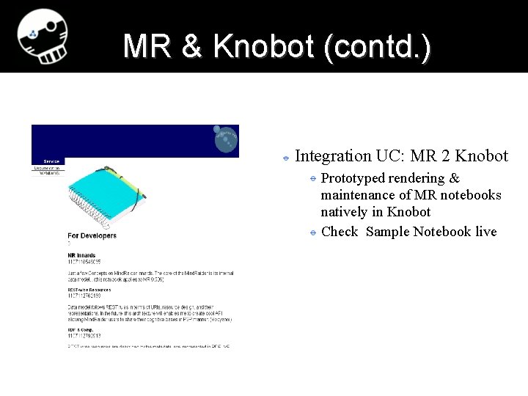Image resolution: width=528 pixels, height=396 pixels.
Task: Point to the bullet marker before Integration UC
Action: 286,157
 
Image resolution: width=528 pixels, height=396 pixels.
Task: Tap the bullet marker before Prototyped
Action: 312,179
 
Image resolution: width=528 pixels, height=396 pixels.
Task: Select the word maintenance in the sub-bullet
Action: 358,195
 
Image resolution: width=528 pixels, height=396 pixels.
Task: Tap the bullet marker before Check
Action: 312,232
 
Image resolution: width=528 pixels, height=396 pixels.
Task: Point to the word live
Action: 485,232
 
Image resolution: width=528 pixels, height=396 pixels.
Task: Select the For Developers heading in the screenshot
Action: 92,235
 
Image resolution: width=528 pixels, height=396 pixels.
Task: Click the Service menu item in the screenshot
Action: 51,161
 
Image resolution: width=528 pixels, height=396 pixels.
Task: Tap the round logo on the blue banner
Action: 227,139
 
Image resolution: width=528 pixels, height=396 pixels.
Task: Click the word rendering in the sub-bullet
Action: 414,178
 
